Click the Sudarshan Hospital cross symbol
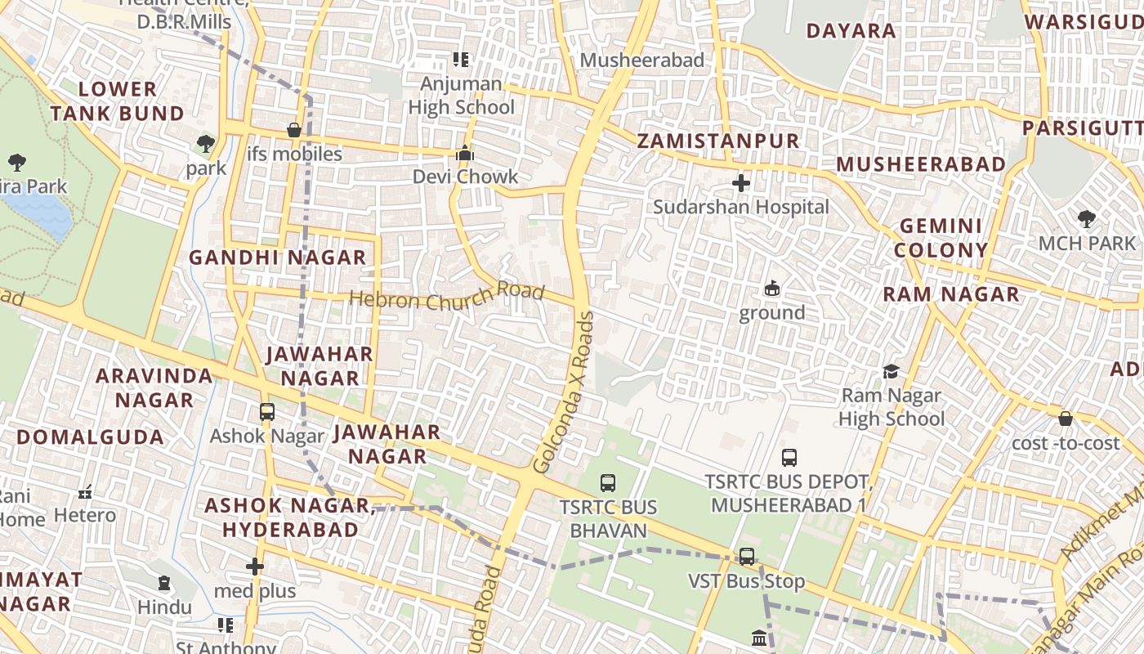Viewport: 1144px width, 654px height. point(741,183)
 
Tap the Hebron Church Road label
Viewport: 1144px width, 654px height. point(446,296)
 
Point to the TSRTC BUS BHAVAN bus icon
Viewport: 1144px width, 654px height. point(608,483)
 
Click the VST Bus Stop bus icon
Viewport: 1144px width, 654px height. point(747,557)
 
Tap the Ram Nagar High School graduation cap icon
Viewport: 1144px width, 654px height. point(891,372)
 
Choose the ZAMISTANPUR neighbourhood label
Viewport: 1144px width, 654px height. point(717,141)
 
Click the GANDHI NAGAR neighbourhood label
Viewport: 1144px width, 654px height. point(278,258)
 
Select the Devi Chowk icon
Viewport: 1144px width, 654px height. point(465,154)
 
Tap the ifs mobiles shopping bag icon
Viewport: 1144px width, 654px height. point(294,130)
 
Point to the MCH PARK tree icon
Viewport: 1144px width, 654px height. point(1086,219)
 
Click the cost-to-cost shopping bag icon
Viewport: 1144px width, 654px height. point(1066,419)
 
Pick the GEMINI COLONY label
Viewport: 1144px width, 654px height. point(941,238)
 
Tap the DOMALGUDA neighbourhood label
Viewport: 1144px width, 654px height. point(90,437)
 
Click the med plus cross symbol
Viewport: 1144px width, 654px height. point(255,567)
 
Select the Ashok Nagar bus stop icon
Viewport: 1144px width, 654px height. point(267,412)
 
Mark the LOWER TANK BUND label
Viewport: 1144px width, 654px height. point(118,101)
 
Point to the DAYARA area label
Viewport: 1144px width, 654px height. point(851,31)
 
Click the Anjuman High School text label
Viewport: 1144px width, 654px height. point(461,96)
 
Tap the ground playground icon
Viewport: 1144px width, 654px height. point(771,289)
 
